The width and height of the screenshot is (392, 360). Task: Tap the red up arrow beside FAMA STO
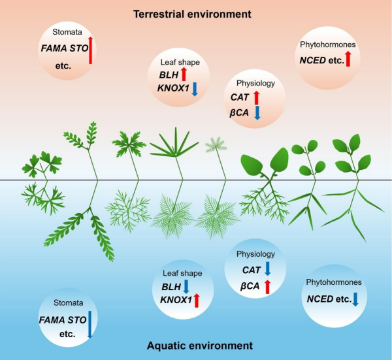91,50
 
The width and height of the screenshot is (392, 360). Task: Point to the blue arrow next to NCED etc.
355,299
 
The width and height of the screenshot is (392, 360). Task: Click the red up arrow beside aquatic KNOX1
196,301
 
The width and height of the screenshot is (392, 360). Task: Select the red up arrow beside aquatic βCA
267,286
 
